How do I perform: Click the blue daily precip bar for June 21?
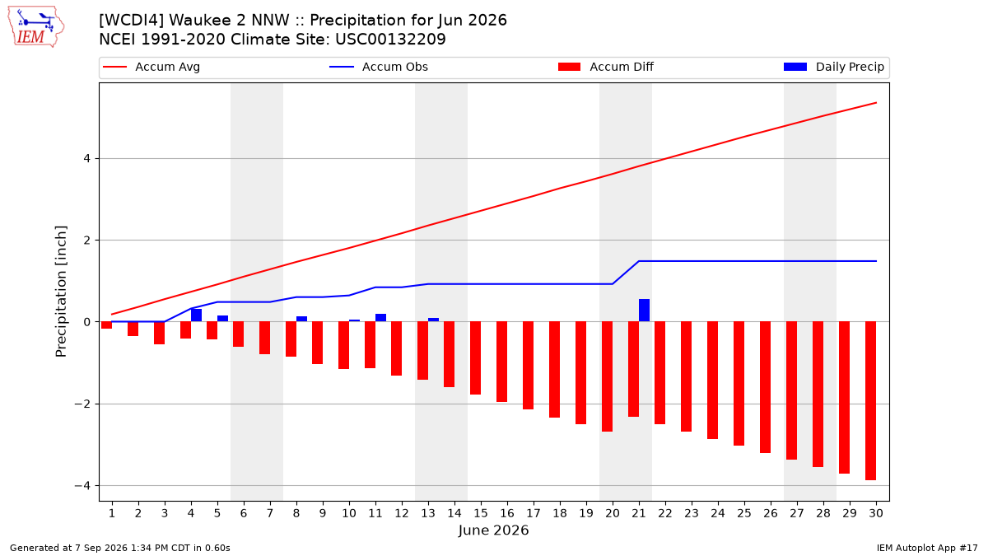tap(644, 311)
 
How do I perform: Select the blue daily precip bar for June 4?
tap(196, 315)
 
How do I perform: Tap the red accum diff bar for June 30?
tap(870, 400)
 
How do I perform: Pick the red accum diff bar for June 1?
tap(106, 325)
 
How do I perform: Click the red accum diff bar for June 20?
tap(607, 376)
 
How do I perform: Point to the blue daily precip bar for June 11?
tap(380, 318)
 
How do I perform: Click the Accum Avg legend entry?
tap(151, 67)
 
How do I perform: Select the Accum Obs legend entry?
tap(379, 67)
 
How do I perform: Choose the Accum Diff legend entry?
tap(606, 67)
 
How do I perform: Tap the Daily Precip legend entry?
tap(833, 67)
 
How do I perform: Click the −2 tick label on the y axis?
tap(82, 404)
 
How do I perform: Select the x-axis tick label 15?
tap(481, 513)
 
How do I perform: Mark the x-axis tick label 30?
tap(876, 513)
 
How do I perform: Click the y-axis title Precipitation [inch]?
tap(61, 292)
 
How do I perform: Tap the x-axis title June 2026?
tap(493, 530)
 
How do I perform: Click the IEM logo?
tap(36, 27)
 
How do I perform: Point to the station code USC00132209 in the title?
tap(390, 40)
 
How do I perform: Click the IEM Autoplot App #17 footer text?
tap(927, 548)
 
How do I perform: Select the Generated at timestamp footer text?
tap(120, 548)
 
